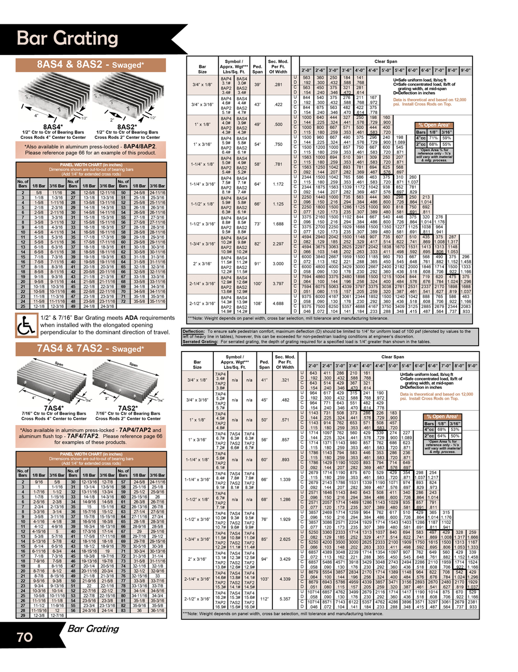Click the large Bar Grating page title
click(x=68, y=38)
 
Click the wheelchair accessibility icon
click(x=26, y=325)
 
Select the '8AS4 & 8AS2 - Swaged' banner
click(x=91, y=65)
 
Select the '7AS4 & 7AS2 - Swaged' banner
click(x=91, y=349)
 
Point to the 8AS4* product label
click(x=53, y=127)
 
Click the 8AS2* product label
click(x=127, y=127)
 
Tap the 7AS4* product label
click(x=54, y=408)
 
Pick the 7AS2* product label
click(x=128, y=408)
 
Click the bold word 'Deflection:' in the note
click(x=194, y=331)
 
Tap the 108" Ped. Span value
click(x=257, y=303)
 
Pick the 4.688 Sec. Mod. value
click(x=278, y=303)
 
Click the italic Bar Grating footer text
click(x=93, y=629)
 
